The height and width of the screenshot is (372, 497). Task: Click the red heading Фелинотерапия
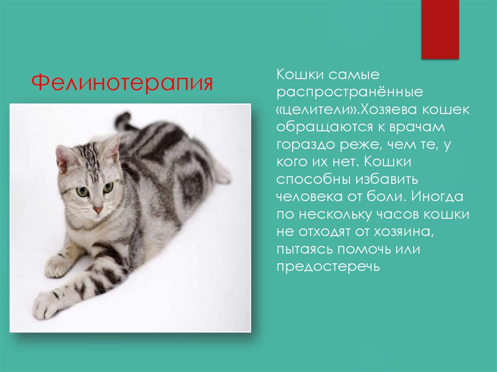pos(122,82)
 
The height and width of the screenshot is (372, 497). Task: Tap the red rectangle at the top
pos(440,29)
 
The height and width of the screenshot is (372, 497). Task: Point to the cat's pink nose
pos(98,210)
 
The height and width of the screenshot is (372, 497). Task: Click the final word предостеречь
pos(328,268)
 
